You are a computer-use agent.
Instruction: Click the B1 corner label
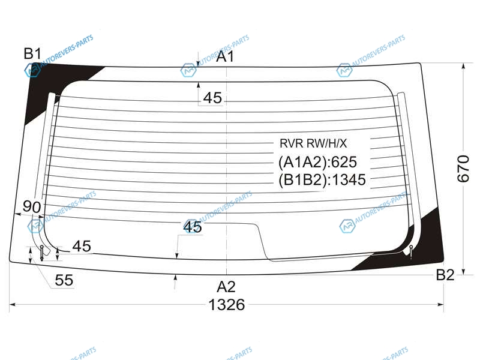coord(32,54)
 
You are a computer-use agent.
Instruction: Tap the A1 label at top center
coord(225,56)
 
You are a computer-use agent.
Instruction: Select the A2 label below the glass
coord(226,287)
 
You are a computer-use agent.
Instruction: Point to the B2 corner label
coord(445,275)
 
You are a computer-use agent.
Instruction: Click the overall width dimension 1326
coord(227,305)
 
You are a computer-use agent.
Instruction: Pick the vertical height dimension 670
coord(463,169)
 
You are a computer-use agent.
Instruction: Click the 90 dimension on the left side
coord(32,207)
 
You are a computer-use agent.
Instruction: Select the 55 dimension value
coord(64,280)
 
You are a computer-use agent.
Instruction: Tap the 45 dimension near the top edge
coord(212,98)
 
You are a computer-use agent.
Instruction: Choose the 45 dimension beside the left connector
coord(82,246)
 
